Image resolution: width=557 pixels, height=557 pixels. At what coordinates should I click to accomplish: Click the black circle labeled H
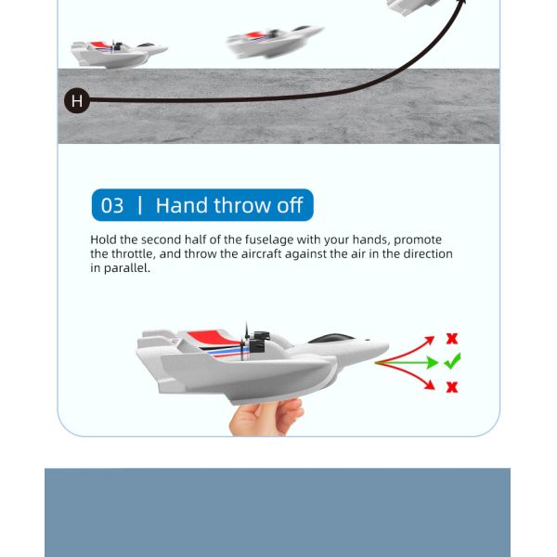pos(77,100)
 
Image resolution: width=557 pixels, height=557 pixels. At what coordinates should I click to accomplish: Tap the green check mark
pos(452,362)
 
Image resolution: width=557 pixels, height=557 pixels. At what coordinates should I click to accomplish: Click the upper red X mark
pos(452,339)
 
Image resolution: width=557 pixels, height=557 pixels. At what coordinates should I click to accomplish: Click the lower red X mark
pos(452,386)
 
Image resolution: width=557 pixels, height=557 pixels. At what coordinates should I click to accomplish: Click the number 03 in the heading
pos(111,205)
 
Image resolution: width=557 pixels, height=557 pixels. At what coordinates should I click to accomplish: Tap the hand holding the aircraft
pos(266,416)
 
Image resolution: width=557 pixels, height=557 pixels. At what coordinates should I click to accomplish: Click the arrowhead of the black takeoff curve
pos(460,5)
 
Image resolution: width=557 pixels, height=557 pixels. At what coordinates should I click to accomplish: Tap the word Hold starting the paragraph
pos(105,240)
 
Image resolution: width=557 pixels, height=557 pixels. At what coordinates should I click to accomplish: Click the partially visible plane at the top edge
pos(413,6)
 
